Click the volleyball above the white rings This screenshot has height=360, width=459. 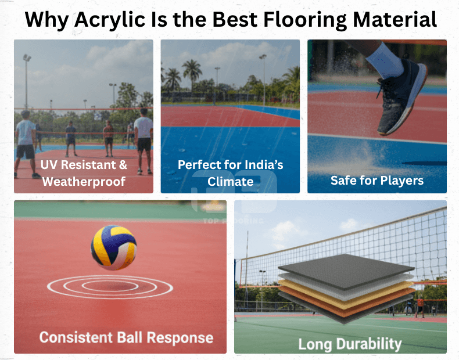[114, 247]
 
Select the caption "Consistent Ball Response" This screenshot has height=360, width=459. [126, 337]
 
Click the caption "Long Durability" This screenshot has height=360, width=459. [350, 343]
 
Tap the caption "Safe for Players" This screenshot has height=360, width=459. [377, 180]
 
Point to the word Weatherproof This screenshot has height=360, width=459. [84, 181]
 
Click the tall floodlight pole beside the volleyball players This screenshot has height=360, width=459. [26, 81]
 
